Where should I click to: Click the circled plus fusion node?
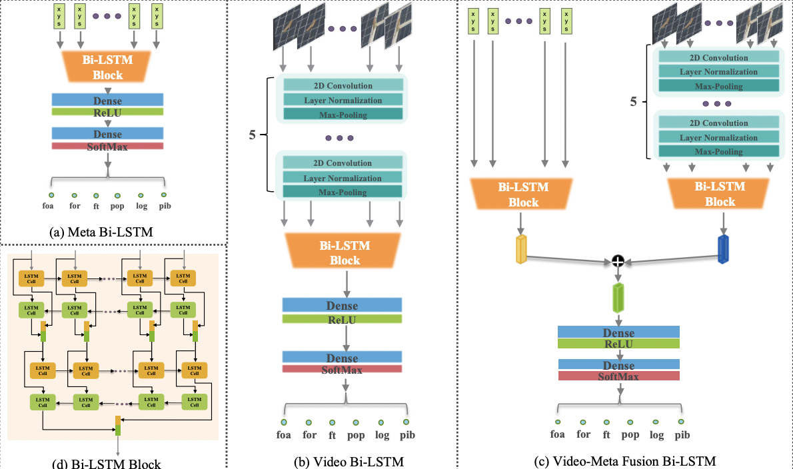pyautogui.click(x=618, y=262)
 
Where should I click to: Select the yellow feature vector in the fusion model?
pyautogui.click(x=521, y=249)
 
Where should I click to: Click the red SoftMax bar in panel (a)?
pyautogui.click(x=107, y=146)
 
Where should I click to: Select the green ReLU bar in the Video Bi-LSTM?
pyautogui.click(x=342, y=319)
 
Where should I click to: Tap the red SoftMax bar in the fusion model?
pyautogui.click(x=618, y=376)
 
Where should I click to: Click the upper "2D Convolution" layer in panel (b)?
pyautogui.click(x=343, y=85)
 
